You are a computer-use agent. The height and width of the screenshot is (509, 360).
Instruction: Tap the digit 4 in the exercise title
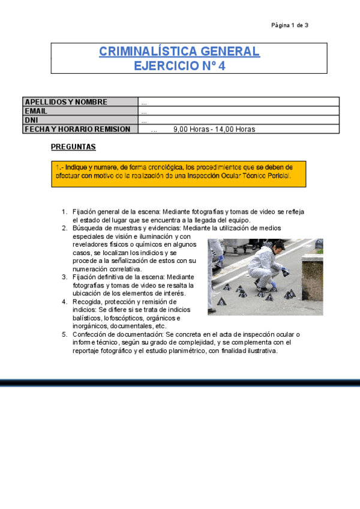222,66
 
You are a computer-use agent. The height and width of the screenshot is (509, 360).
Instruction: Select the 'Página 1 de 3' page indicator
290,25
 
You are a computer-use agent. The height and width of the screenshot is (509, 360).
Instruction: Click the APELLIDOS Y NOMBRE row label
66,102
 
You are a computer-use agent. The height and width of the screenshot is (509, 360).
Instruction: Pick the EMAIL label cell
36,111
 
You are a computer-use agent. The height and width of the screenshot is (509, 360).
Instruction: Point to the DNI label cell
31,120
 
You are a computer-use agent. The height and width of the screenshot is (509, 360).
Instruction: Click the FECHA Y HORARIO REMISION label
77,129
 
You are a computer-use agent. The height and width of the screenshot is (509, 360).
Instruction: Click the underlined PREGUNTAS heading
73,147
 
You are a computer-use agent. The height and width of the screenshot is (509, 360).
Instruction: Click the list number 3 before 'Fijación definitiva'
64,277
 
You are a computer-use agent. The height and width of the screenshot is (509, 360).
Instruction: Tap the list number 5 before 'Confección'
64,334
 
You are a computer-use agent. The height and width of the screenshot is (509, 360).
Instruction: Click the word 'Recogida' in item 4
88,302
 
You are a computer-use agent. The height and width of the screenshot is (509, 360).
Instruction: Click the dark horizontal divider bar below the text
180,382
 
